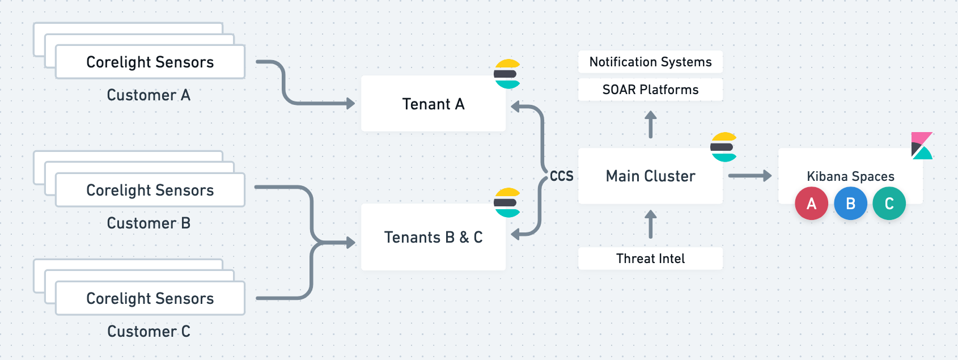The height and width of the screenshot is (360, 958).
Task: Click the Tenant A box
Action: click(433, 104)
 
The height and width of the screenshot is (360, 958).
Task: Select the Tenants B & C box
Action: click(433, 237)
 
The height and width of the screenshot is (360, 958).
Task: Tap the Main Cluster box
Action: click(650, 176)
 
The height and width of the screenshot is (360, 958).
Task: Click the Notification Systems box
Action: click(650, 62)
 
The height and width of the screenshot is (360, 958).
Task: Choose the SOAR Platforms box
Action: click(650, 90)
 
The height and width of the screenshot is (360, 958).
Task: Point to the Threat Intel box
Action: click(650, 259)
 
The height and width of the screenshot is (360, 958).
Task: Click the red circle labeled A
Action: click(811, 204)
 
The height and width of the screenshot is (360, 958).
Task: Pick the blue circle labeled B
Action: click(851, 204)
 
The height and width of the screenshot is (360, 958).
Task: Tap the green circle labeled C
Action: click(889, 204)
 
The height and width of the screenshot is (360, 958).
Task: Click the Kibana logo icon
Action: click(922, 146)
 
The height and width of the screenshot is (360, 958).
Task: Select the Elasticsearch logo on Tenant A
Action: click(507, 74)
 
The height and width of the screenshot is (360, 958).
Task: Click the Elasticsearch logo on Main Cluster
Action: click(724, 147)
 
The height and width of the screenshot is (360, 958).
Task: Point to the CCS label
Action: click(561, 176)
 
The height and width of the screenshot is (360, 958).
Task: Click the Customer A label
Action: click(149, 95)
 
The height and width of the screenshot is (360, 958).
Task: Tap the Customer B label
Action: click(149, 223)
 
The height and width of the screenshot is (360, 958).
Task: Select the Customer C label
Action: click(149, 331)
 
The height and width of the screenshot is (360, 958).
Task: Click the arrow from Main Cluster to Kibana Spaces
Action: click(750, 176)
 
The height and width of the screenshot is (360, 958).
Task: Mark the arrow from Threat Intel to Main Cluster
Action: click(651, 224)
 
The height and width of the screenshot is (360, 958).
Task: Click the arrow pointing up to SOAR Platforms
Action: click(651, 124)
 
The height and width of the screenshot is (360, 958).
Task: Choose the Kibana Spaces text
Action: click(850, 176)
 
